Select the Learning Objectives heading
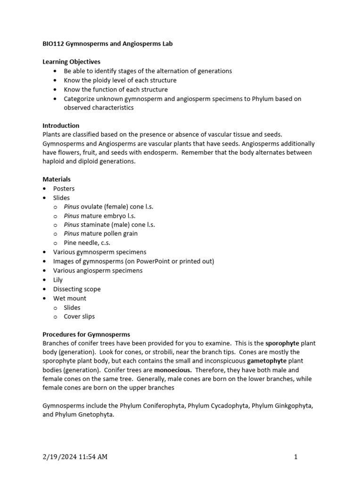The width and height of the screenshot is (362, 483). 71,62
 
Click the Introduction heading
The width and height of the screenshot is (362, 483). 61,125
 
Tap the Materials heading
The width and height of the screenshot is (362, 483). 57,179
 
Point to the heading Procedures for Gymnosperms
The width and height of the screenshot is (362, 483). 86,334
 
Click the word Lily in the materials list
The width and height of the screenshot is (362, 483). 58,280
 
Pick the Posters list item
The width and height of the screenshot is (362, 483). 64,189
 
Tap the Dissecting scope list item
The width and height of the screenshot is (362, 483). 77,289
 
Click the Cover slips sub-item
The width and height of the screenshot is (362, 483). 79,316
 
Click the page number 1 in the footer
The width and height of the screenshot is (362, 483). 296,457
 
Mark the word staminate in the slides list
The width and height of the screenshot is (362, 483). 95,225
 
